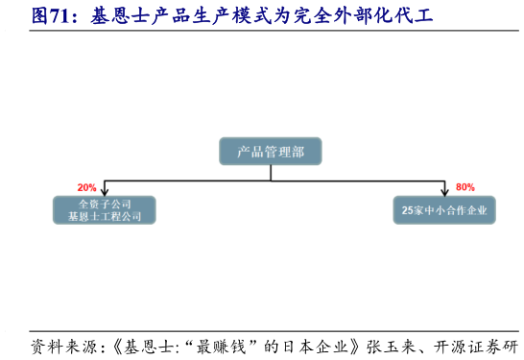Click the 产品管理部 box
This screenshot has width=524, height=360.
tap(271, 151)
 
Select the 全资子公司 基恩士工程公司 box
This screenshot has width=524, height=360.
tap(105, 210)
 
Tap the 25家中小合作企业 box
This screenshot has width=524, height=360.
tap(444, 210)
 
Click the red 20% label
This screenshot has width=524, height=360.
tap(87, 187)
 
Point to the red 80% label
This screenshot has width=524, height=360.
tap(465, 187)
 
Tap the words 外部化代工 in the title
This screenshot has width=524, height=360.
tap(382, 15)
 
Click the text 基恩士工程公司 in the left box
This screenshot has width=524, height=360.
tap(105, 217)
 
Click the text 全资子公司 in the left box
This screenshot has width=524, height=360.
tap(105, 204)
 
